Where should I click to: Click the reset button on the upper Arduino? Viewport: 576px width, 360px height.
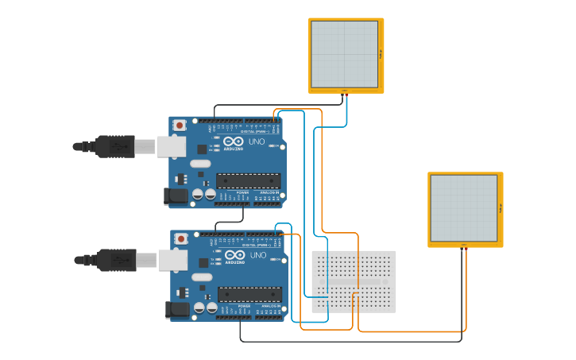pos(180,125)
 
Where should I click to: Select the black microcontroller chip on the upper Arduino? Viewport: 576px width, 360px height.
pos(248,180)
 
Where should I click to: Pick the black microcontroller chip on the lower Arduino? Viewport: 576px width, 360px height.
pos(249,294)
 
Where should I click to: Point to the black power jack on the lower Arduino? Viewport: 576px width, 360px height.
pos(174,309)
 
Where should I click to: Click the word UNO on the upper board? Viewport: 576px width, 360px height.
pos(257,141)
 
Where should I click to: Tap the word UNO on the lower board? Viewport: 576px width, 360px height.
pos(258,255)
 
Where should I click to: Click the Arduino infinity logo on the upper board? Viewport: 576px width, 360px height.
pos(232,141)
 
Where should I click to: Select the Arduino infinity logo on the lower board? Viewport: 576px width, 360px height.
pos(234,254)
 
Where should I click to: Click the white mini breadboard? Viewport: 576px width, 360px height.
pos(354,281)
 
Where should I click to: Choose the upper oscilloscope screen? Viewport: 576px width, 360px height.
pos(345,54)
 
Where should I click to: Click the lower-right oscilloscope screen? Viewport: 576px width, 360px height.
pos(464,208)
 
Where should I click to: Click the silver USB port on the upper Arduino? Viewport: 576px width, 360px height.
pos(170,146)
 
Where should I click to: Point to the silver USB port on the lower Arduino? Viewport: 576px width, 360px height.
pos(172,260)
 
